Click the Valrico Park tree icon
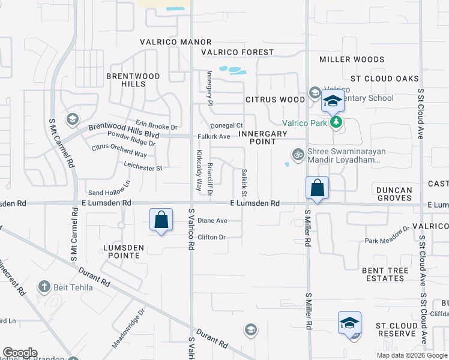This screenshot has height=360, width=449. (x=337, y=123)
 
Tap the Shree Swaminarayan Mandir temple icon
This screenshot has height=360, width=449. (x=297, y=154)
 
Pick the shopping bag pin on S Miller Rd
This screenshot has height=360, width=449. (x=317, y=188)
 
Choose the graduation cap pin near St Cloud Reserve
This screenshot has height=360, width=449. (x=349, y=322)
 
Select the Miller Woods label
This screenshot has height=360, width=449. (x=352, y=59)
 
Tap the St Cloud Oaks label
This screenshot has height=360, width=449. (x=384, y=79)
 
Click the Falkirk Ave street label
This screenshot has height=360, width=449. (x=214, y=136)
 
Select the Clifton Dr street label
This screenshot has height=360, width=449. (x=211, y=237)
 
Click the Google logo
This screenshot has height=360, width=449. (x=20, y=353)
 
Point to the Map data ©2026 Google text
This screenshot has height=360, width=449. (x=411, y=355)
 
